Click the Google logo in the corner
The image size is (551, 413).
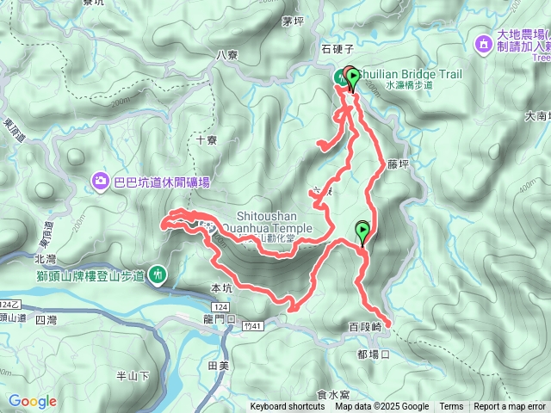coord(33,401)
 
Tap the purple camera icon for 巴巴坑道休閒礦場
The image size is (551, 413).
coord(101,182)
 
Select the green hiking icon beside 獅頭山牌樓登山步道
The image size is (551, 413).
coord(158,274)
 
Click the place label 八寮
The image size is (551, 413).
coord(226,54)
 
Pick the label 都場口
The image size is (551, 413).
coord(374,354)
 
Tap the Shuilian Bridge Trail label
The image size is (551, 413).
coord(413,75)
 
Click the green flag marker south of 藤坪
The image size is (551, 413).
coord(362,231)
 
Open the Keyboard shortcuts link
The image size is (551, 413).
coord(288,407)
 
